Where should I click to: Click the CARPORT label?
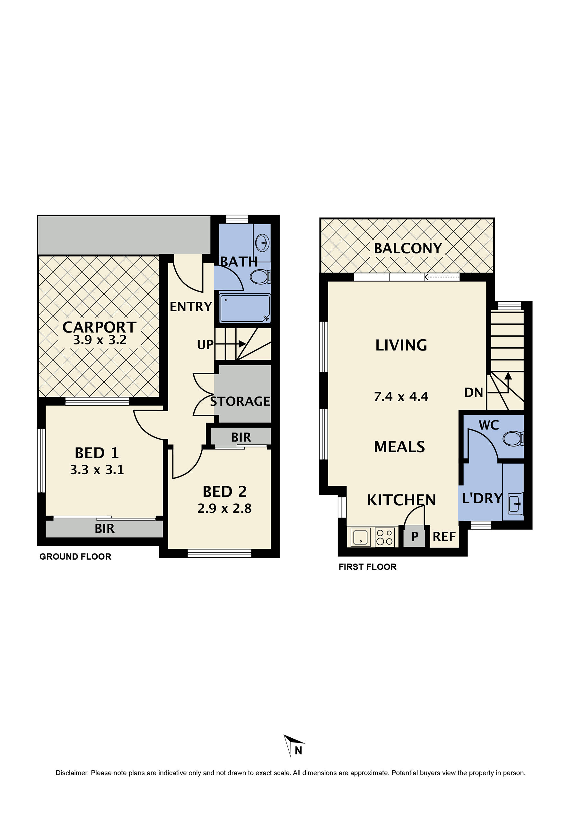click(99, 327)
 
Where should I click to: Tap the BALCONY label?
click(408, 248)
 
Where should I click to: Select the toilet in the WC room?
click(513, 438)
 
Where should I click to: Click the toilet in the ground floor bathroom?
click(260, 277)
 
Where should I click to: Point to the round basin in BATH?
click(262, 243)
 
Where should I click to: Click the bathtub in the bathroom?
click(245, 308)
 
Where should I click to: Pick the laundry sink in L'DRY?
click(513, 504)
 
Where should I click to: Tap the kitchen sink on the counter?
click(360, 537)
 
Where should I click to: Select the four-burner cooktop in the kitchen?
click(385, 537)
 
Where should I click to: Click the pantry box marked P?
click(415, 537)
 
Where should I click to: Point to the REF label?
click(444, 537)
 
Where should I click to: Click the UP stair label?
click(205, 344)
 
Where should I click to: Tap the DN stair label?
click(473, 393)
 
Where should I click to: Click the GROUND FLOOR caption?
click(75, 556)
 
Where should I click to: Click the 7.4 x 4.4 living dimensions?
click(401, 396)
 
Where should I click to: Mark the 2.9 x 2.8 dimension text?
click(224, 508)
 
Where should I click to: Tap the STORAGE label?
click(240, 401)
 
